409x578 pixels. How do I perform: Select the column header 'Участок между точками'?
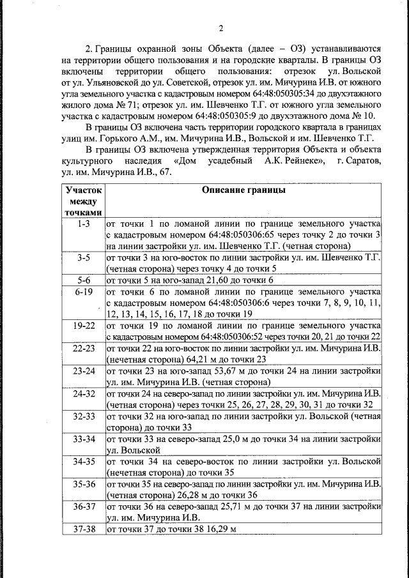[x=84, y=201]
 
